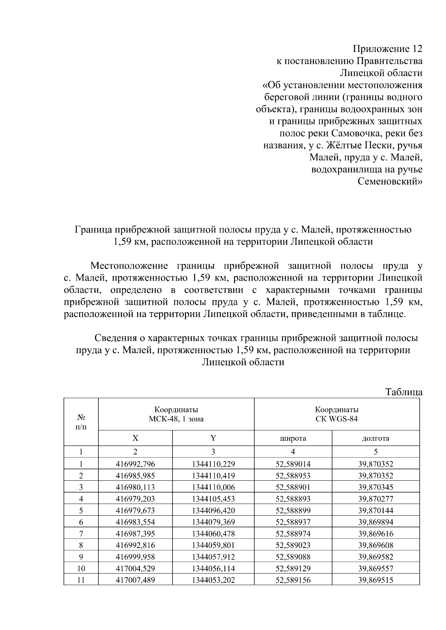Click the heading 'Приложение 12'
click(387, 49)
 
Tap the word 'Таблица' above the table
click(404, 392)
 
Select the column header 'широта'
click(293, 438)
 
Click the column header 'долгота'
click(375, 438)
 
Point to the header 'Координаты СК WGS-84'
click(337, 414)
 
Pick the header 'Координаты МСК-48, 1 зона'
click(176, 414)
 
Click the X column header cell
click(135, 438)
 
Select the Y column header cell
click(213, 438)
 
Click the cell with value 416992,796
click(135, 464)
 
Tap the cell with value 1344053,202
click(213, 580)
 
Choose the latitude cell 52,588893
click(293, 499)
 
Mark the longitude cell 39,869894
click(375, 522)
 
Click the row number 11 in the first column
click(81, 580)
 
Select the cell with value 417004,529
click(135, 568)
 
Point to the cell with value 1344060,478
click(213, 534)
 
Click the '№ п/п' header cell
click(81, 422)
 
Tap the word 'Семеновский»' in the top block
click(390, 182)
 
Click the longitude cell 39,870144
click(375, 510)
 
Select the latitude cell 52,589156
click(293, 580)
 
